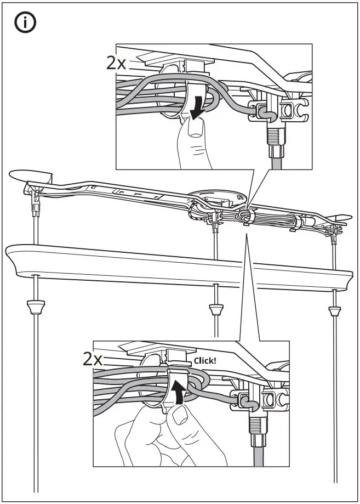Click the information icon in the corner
(25, 24)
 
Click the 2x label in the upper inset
(117, 63)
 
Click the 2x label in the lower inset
(93, 359)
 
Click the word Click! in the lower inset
(205, 361)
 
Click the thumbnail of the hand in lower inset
(179, 417)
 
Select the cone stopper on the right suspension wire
(334, 311)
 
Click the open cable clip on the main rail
(246, 217)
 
